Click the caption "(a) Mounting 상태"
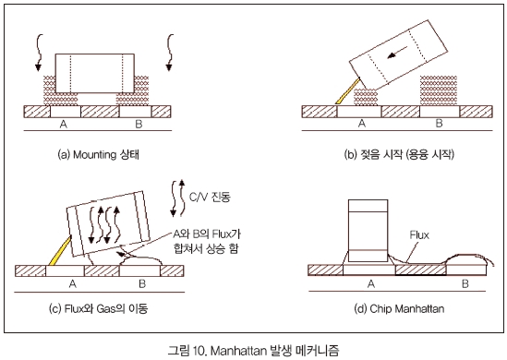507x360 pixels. (98, 154)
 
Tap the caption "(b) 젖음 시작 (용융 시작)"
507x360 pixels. (399, 154)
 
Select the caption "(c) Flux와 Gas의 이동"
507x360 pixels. (98, 308)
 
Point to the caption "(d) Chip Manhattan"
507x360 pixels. (399, 308)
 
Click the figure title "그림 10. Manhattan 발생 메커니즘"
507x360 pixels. (253, 350)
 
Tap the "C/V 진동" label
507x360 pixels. (210, 197)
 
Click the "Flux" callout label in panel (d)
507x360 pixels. (419, 235)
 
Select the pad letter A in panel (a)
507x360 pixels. (64, 124)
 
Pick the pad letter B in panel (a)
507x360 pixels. (139, 124)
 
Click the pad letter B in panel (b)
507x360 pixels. (439, 123)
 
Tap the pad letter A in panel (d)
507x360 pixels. (371, 283)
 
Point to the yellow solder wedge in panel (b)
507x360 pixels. (347, 90)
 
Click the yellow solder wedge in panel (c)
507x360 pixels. (59, 251)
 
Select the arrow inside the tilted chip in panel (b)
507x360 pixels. (397, 53)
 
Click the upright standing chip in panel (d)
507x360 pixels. (368, 231)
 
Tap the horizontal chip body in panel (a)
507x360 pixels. (95, 73)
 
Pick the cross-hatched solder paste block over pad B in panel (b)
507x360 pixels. (439, 90)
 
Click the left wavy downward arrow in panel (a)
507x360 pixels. (39, 53)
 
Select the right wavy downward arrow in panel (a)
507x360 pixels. (169, 53)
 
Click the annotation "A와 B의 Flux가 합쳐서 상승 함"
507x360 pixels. (207, 241)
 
